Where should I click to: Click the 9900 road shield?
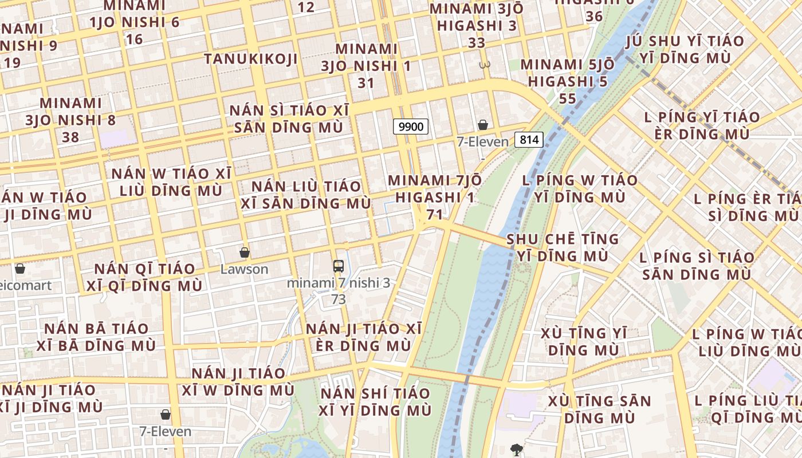[x=411, y=127]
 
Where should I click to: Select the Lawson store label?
[x=245, y=269]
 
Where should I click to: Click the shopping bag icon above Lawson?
[x=245, y=252]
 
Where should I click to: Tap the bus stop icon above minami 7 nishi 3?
[x=339, y=266]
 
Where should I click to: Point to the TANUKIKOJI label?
[x=250, y=59]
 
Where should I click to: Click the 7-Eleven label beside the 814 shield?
[x=482, y=141]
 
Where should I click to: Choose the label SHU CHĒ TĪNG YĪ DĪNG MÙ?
[x=563, y=247]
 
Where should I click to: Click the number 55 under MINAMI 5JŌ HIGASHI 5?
[x=567, y=98]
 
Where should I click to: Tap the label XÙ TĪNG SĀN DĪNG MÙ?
[x=599, y=409]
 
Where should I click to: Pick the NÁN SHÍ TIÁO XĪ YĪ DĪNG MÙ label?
[x=375, y=402]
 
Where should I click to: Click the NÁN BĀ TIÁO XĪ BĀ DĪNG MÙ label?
[x=96, y=337]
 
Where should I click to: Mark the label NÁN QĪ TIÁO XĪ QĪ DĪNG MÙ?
[x=144, y=277]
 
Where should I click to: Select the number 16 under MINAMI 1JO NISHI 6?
[x=134, y=39]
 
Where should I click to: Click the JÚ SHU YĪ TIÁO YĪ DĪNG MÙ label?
[x=685, y=49]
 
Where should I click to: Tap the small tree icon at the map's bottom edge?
[x=517, y=450]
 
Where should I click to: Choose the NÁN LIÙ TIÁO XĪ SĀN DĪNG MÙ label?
[x=306, y=195]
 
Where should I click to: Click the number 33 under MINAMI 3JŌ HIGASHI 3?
[x=476, y=43]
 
